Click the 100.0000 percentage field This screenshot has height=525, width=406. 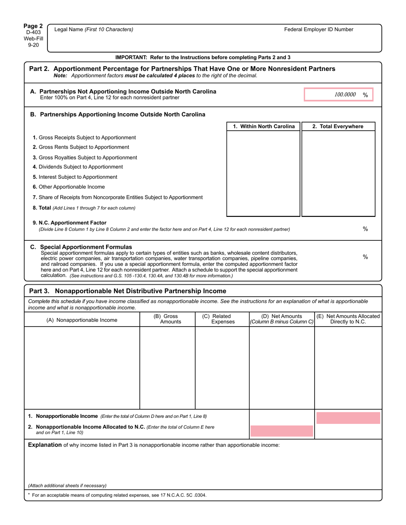coord(338,95)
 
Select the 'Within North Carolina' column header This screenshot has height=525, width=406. coord(264,126)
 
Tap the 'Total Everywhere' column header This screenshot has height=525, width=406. coord(338,126)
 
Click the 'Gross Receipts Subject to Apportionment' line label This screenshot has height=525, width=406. coord(84,137)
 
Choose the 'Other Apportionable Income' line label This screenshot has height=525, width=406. coord(68,187)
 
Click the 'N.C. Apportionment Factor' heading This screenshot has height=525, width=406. coord(70,223)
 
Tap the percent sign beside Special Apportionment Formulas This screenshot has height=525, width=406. coord(365,257)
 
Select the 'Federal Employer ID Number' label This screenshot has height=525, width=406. coord(319,29)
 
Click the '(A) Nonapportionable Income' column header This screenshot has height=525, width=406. coord(82,320)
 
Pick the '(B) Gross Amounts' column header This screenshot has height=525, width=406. coord(167,319)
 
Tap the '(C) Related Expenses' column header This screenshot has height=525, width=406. coord(222,319)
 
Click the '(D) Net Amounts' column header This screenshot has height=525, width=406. coord(282,319)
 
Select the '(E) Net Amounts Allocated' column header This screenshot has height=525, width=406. coord(348,319)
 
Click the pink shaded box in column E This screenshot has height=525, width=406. coord(348,418)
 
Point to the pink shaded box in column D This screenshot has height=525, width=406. coord(282,431)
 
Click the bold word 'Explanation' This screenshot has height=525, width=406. coord(45,445)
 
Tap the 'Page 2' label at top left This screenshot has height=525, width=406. coord(33,26)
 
